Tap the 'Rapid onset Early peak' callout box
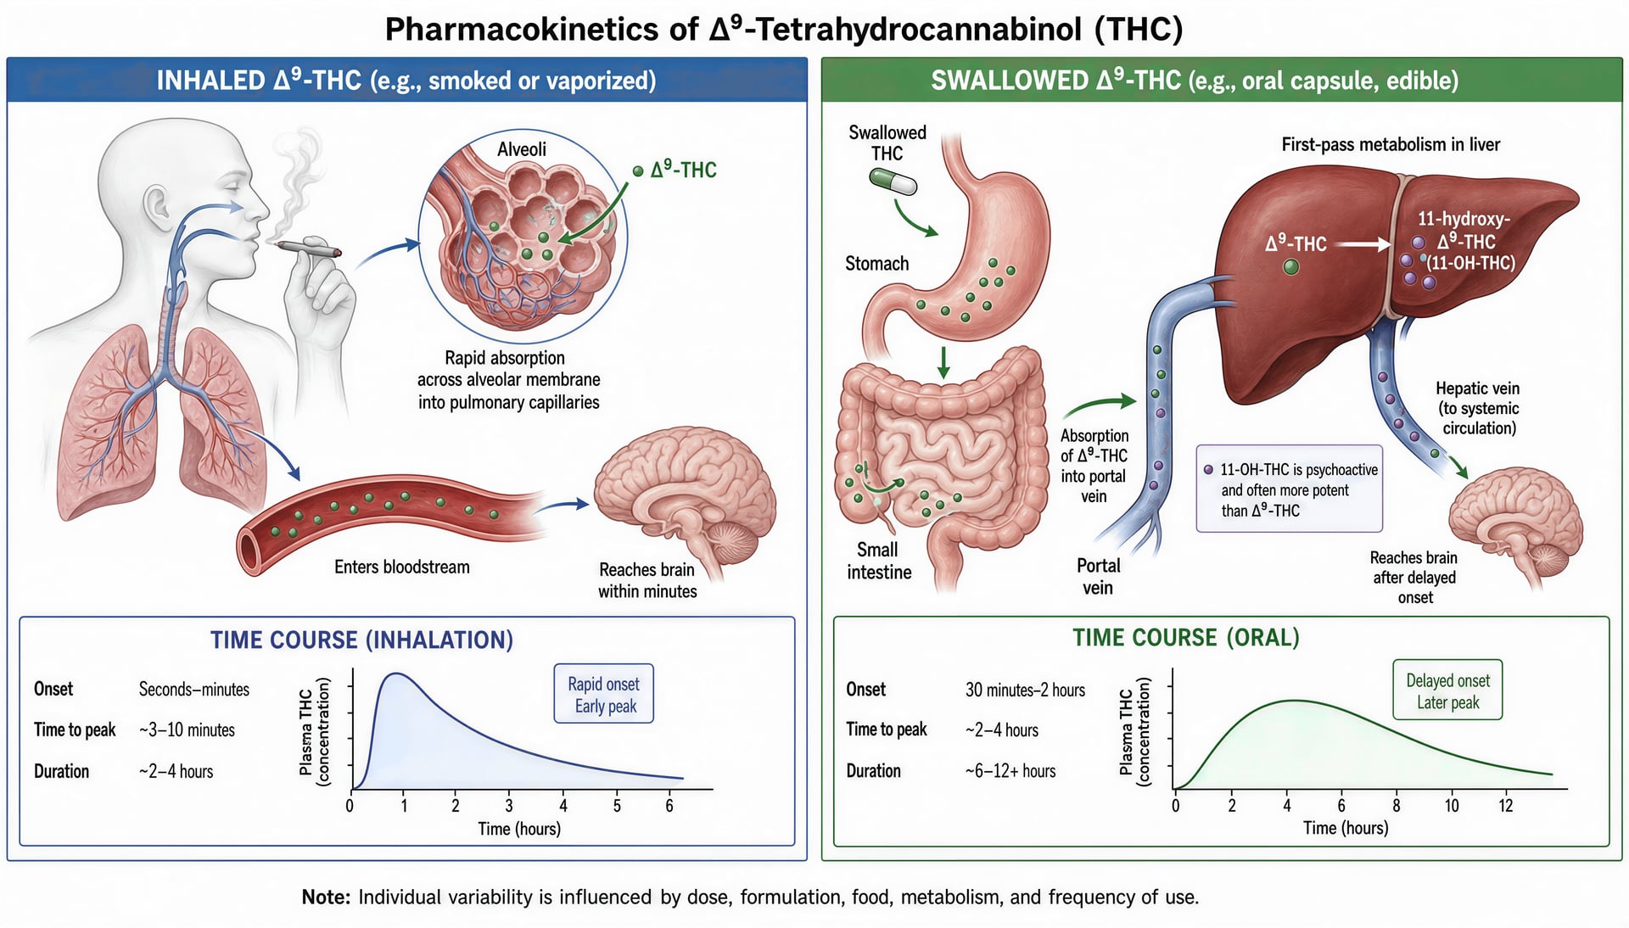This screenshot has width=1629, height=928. point(603,694)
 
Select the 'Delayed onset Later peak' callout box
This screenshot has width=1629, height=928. point(1447,690)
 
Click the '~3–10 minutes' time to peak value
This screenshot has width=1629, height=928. point(187,730)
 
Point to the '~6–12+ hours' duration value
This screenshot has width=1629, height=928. point(1010,771)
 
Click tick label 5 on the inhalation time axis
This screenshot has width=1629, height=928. point(617,806)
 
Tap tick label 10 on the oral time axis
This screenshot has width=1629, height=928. point(1452,805)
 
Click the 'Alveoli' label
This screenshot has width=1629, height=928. point(521,149)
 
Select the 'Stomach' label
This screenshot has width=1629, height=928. point(876,264)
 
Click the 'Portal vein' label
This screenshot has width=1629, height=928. point(1098,577)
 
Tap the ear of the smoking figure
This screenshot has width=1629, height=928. point(156,204)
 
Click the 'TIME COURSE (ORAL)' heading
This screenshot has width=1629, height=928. point(1185,638)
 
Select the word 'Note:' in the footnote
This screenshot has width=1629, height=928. point(326,897)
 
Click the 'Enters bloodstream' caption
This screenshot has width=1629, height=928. point(401,567)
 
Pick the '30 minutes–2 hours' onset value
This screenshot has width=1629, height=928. point(1025,690)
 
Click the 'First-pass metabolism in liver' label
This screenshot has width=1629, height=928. point(1391,144)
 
